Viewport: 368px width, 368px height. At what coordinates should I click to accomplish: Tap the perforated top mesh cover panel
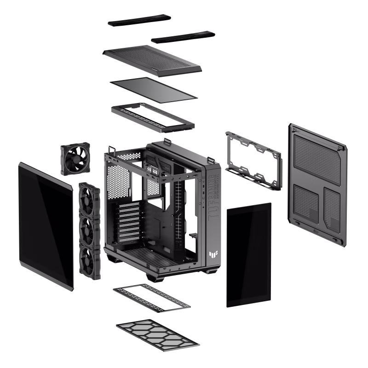coord(152,60)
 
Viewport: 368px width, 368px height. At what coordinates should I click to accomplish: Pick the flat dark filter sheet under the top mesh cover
coord(154,89)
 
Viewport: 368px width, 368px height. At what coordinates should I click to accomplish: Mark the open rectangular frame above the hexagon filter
coord(151,297)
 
